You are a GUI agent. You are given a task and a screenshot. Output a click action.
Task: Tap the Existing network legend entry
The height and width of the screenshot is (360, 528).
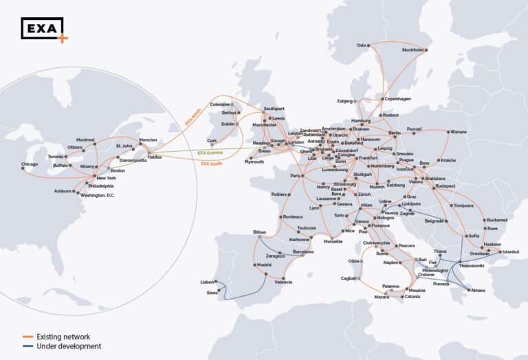[63, 337]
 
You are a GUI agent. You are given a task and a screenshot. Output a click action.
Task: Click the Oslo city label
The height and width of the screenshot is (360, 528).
[362, 45]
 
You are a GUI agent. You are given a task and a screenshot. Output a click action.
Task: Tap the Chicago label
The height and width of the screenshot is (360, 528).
[30, 164]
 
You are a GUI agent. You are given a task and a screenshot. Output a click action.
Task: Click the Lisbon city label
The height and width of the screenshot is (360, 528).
[208, 282]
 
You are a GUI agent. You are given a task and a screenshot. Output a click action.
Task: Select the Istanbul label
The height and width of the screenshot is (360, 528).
[511, 252]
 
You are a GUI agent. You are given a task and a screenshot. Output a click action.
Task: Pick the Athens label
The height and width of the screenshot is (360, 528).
[478, 290]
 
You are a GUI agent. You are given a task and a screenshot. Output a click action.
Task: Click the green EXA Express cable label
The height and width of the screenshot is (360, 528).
[211, 153]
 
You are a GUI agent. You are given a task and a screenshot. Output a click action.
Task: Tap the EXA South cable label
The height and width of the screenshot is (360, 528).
[212, 164]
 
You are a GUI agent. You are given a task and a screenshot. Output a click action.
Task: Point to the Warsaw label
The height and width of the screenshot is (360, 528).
[459, 131]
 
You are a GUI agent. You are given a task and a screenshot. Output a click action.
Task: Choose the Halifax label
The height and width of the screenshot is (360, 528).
[155, 157]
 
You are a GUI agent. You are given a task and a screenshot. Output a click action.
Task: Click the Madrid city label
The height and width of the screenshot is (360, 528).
[265, 265]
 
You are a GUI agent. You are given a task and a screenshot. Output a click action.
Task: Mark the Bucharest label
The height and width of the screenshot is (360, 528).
[495, 220]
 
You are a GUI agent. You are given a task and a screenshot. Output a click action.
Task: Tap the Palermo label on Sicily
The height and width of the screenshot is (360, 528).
[390, 286]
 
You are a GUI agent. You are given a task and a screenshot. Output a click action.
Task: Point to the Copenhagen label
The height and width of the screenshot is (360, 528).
[398, 98]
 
